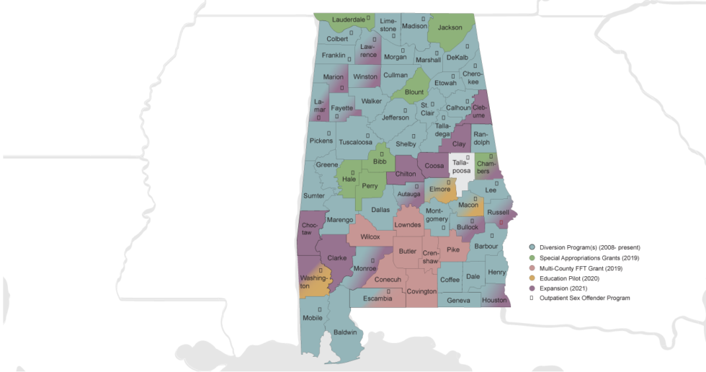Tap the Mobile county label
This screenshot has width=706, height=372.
point(313,317)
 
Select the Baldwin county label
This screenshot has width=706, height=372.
point(345,332)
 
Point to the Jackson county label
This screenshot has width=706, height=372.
point(450,27)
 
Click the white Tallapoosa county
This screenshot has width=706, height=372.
point(461,167)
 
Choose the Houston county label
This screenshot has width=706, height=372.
point(495,300)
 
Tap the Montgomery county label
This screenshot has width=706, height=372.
point(437,215)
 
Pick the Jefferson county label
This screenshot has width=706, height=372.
point(395,118)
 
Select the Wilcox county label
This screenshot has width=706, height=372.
point(370,236)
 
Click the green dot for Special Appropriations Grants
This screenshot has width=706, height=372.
point(532,257)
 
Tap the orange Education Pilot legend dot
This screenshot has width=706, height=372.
point(532,278)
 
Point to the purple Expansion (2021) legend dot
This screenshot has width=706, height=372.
point(532,288)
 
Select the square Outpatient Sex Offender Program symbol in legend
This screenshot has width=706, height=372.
point(532,298)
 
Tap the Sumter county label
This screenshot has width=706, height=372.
point(314,195)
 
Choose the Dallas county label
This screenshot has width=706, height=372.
point(380,209)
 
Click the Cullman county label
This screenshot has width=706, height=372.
point(396,75)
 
